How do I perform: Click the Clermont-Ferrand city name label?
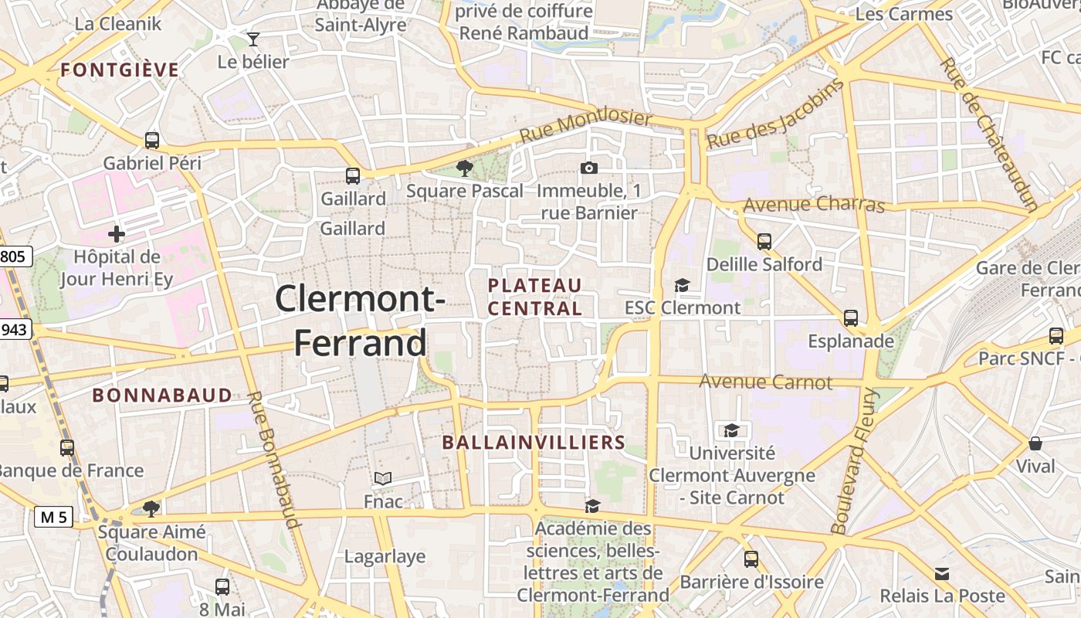click(360, 321)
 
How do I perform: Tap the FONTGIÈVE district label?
click(120, 70)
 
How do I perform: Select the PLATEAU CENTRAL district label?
click(534, 297)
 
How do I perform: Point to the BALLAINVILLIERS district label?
click(534, 443)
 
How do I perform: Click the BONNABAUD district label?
click(162, 396)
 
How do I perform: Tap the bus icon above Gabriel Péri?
click(152, 141)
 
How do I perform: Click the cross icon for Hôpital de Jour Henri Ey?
click(117, 233)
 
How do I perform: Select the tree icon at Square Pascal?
click(464, 168)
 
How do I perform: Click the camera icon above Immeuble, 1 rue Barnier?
click(588, 168)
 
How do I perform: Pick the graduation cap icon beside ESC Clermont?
click(682, 286)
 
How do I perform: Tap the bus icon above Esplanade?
click(851, 318)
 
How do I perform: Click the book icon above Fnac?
click(383, 479)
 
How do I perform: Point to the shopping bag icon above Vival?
click(1035, 443)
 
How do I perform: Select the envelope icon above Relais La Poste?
click(942, 574)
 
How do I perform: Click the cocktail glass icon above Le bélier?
click(253, 39)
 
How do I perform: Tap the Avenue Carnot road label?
click(766, 382)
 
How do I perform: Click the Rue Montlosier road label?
click(585, 127)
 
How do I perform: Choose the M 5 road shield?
click(53, 518)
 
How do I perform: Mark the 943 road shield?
click(15, 330)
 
